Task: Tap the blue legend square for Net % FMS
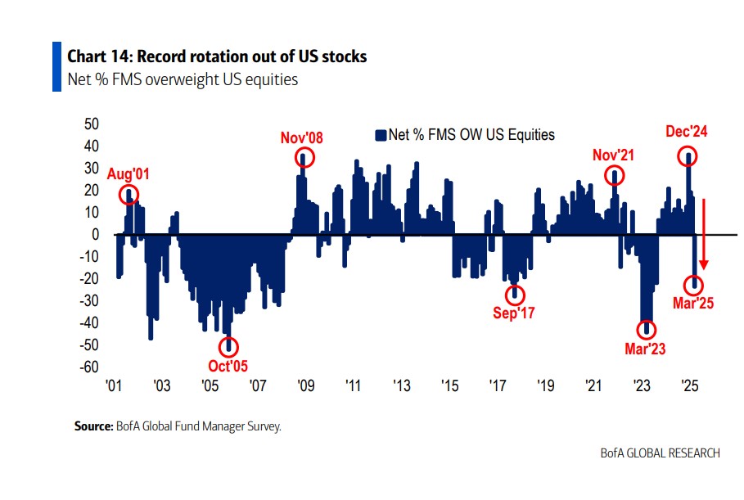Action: point(380,135)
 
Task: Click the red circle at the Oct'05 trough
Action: point(228,347)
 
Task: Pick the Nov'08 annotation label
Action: point(302,137)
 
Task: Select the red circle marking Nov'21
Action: point(615,175)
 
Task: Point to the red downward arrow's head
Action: point(702,266)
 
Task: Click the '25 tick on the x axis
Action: point(689,386)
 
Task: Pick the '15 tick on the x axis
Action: point(449,386)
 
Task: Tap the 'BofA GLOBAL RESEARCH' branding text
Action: point(661,453)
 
